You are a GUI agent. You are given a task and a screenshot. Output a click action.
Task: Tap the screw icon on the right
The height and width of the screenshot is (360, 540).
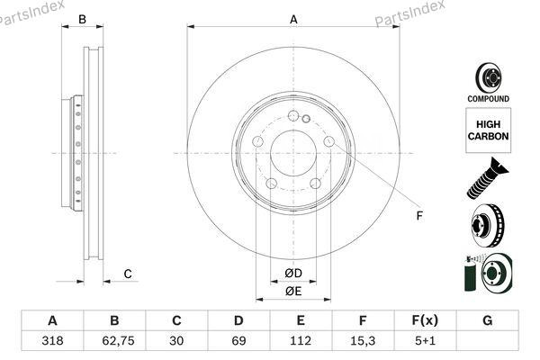click(487, 177)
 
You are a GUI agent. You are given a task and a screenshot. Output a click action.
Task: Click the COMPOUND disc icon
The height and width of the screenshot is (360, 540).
click(488, 80)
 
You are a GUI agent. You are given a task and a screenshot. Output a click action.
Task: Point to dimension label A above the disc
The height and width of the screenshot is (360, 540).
click(293, 19)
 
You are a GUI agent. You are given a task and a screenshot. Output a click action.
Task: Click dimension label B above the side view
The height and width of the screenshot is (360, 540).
click(82, 19)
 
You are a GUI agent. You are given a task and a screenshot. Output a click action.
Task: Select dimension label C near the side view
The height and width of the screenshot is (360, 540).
click(128, 274)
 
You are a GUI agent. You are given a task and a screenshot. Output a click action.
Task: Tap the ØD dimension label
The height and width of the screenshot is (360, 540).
click(292, 274)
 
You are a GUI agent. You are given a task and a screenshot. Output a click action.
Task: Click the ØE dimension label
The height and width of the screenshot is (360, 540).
click(292, 292)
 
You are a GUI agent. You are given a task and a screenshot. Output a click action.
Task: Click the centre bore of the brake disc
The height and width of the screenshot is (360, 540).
click(292, 152)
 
